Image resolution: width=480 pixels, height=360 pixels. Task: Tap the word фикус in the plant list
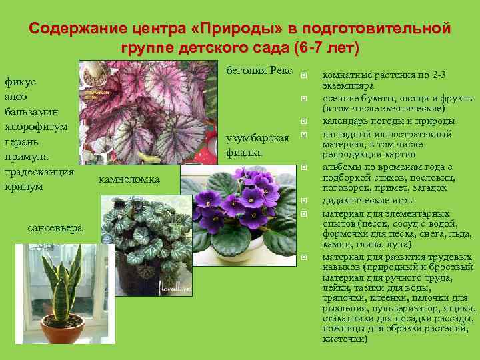21,82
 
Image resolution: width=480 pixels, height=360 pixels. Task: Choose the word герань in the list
21,141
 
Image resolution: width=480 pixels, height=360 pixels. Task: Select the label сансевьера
55,228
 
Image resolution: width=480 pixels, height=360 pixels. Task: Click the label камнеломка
129,179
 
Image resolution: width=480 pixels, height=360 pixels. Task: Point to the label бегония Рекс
259,70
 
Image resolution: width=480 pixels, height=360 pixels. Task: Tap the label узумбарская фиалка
257,145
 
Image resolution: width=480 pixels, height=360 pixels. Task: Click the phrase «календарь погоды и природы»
389,121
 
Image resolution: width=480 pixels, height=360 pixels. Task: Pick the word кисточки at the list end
345,339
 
